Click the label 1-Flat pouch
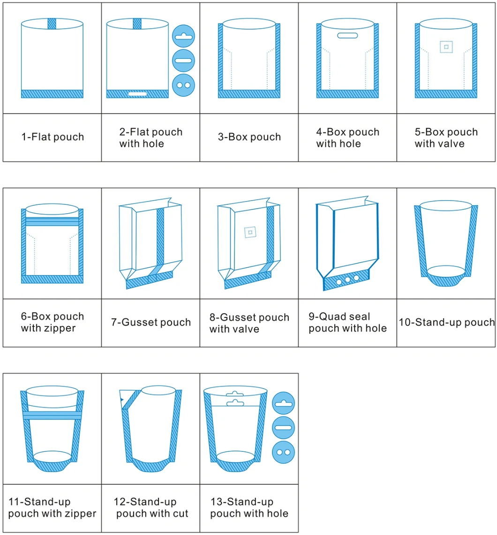tap(53, 137)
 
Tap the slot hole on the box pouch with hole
tap(347, 35)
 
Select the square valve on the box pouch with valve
tap(446, 47)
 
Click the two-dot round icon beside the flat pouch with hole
tap(184, 85)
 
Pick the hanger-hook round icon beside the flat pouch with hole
tap(184, 36)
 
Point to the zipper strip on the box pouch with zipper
tap(52, 221)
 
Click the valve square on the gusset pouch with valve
tap(250, 233)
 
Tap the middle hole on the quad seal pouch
tap(347, 280)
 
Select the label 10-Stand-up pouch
tap(446, 322)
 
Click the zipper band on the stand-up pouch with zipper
tap(52, 415)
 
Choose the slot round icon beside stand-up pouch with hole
tap(283, 427)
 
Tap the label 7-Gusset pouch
tap(151, 322)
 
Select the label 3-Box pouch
tap(249, 137)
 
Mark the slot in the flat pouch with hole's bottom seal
tap(138, 94)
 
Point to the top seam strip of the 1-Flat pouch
tap(52, 24)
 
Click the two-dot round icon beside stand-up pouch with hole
tap(283, 452)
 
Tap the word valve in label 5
tap(452, 144)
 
